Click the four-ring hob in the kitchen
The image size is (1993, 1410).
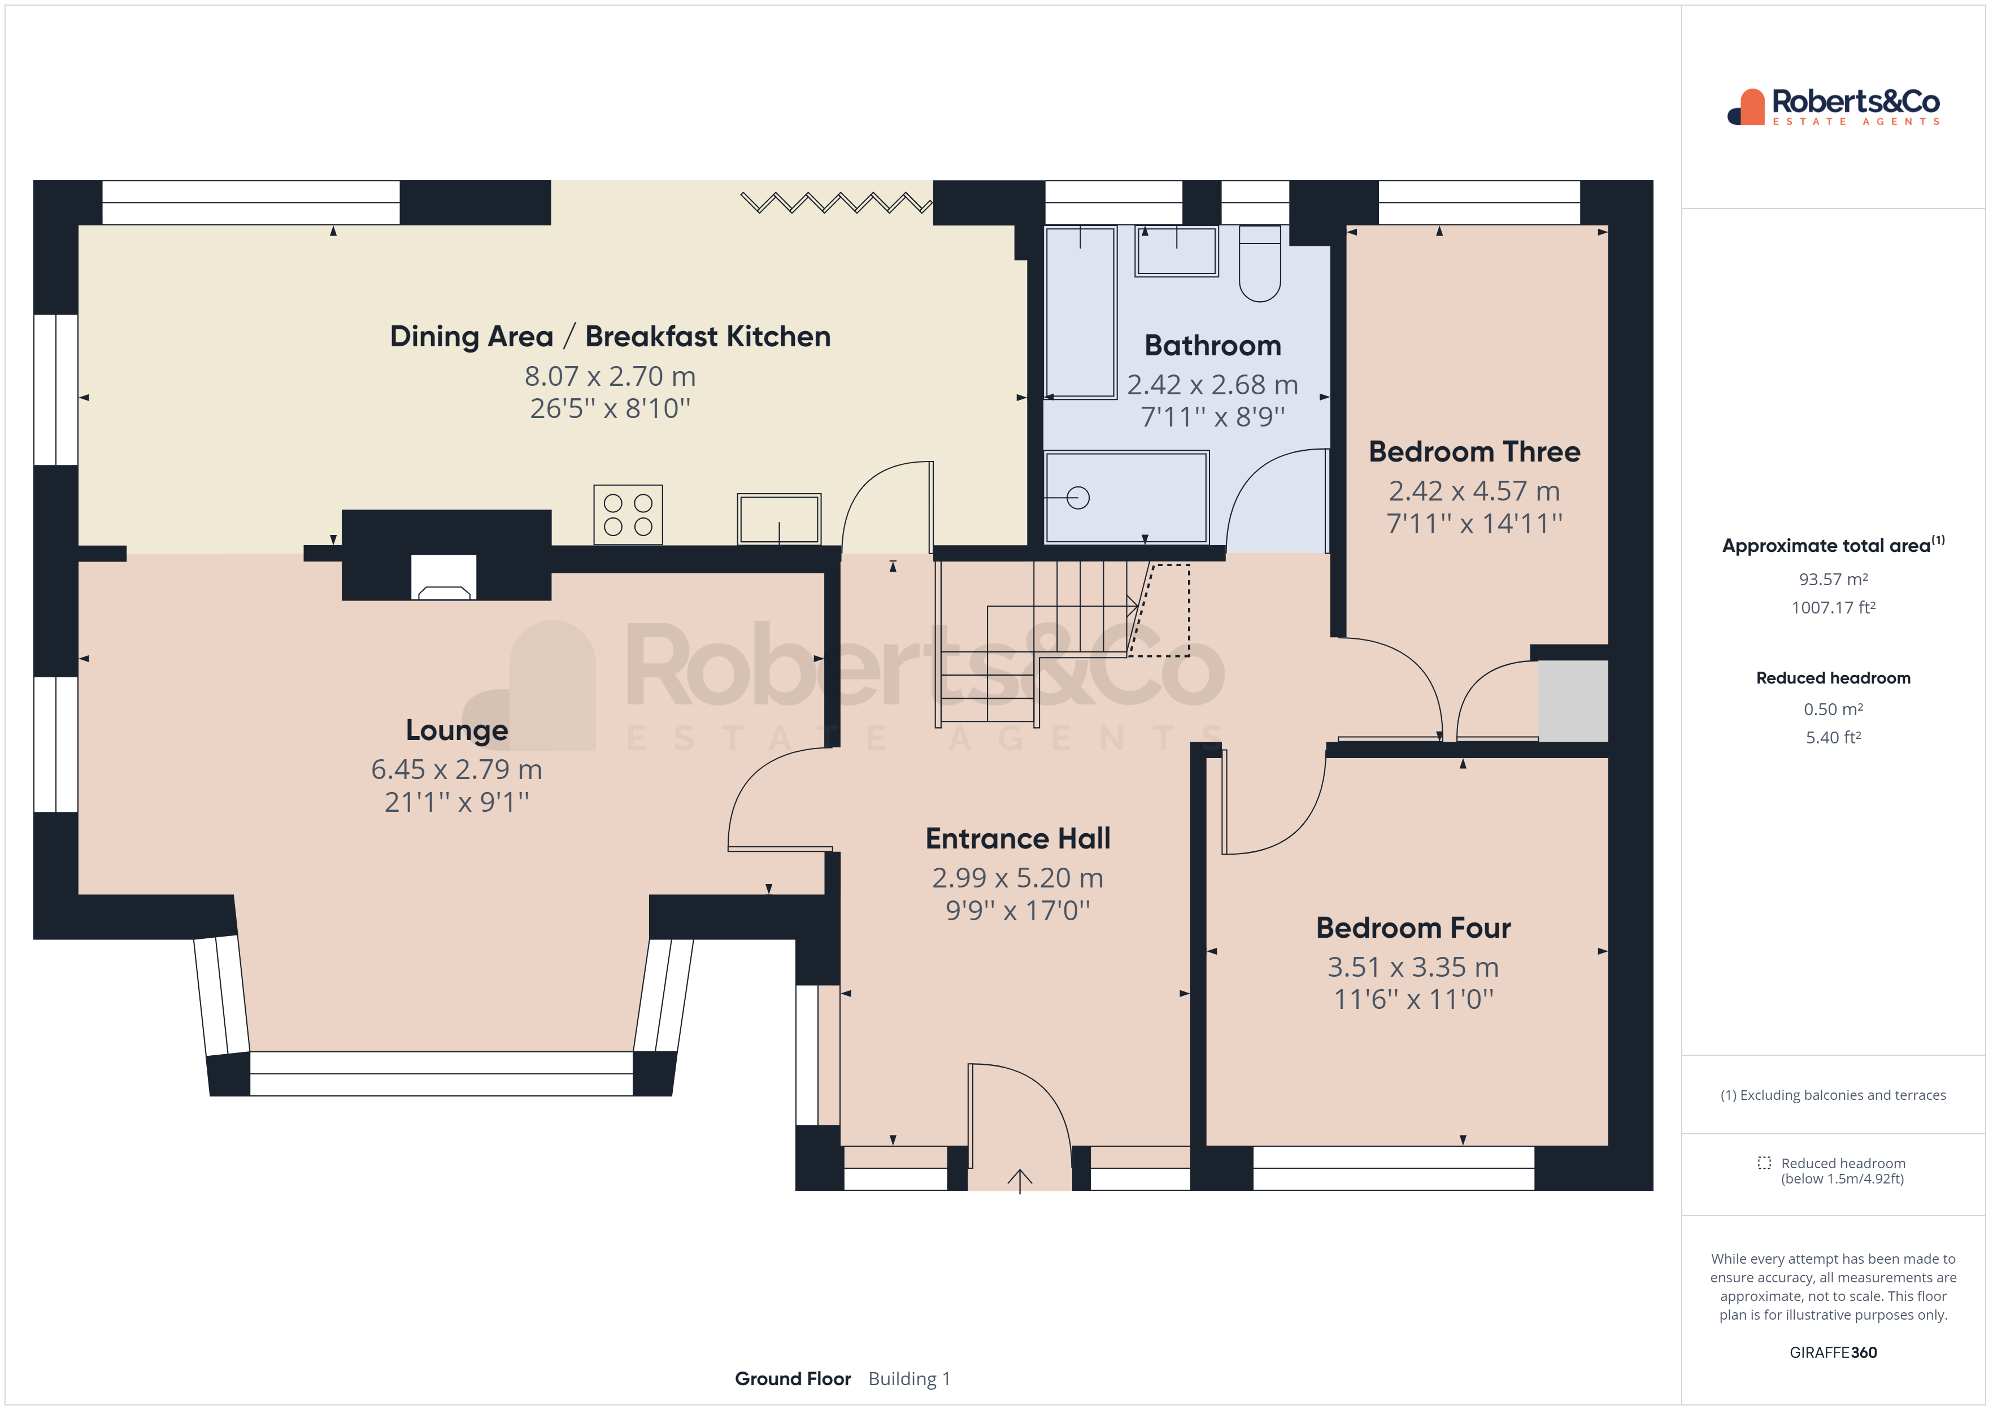click(x=628, y=515)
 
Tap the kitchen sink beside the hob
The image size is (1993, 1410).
click(x=778, y=519)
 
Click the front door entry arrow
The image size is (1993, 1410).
click(x=1019, y=1181)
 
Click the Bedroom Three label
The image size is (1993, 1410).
click(x=1474, y=451)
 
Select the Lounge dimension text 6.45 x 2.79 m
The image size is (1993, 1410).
click(x=456, y=769)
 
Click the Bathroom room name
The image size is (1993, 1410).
click(x=1213, y=346)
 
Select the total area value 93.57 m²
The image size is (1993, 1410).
click(x=1833, y=579)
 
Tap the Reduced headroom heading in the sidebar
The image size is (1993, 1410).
click(x=1833, y=678)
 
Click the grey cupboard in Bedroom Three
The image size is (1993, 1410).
click(x=1573, y=700)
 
